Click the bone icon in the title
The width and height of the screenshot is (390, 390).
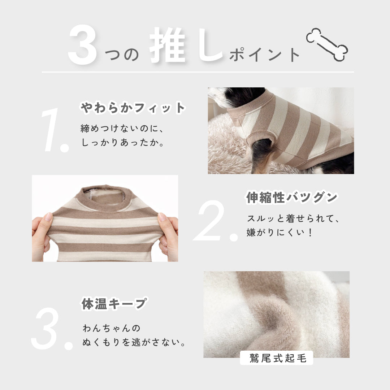point(327,44)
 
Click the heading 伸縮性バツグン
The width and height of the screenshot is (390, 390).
point(291,197)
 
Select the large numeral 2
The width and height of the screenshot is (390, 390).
point(215,221)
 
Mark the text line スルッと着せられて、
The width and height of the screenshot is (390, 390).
point(294,218)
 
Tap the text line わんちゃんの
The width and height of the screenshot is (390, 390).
point(111,328)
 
